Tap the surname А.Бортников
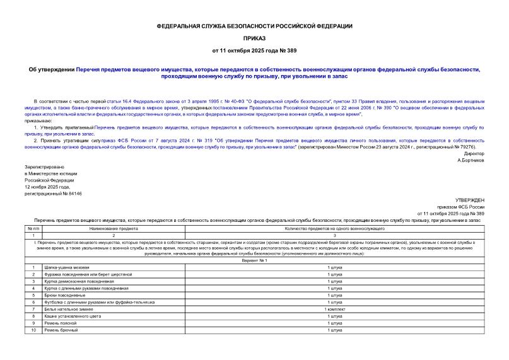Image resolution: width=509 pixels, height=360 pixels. pos(471,161)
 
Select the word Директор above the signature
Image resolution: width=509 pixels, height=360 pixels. pos(474,154)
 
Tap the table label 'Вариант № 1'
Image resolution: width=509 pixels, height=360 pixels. pos(254,260)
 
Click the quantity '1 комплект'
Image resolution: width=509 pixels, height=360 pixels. pos(334,309)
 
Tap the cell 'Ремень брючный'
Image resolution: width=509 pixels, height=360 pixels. pos(61,330)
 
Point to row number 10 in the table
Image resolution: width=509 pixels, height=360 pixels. pos(33,330)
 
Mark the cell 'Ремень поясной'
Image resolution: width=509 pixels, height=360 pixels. pos(61,323)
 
